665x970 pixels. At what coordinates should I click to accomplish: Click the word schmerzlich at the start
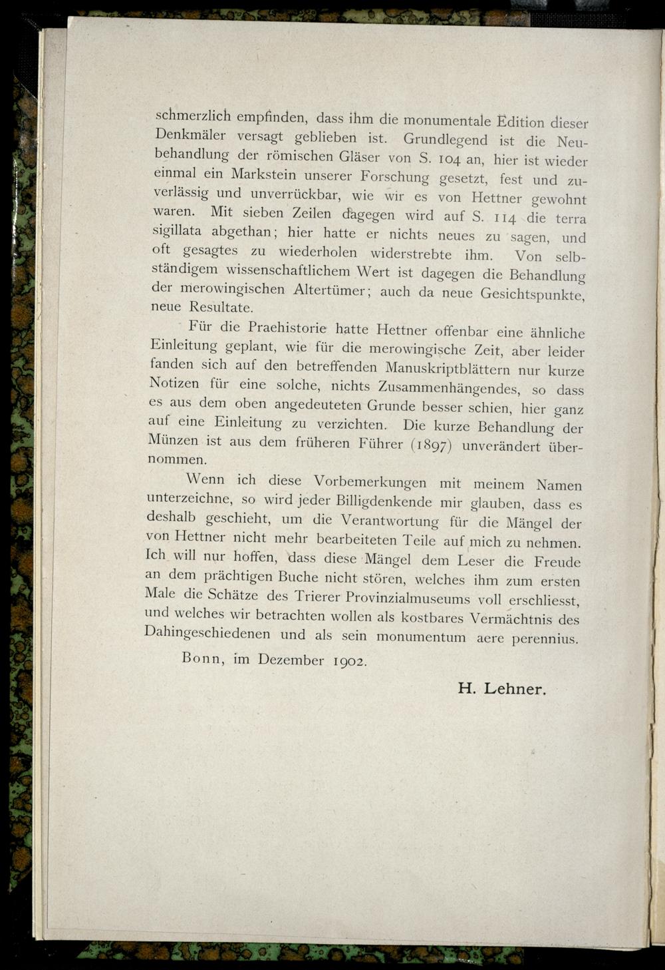[x=193, y=116]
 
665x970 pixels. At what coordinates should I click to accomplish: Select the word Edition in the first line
[x=525, y=122]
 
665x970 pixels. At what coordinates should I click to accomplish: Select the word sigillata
[x=178, y=232]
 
